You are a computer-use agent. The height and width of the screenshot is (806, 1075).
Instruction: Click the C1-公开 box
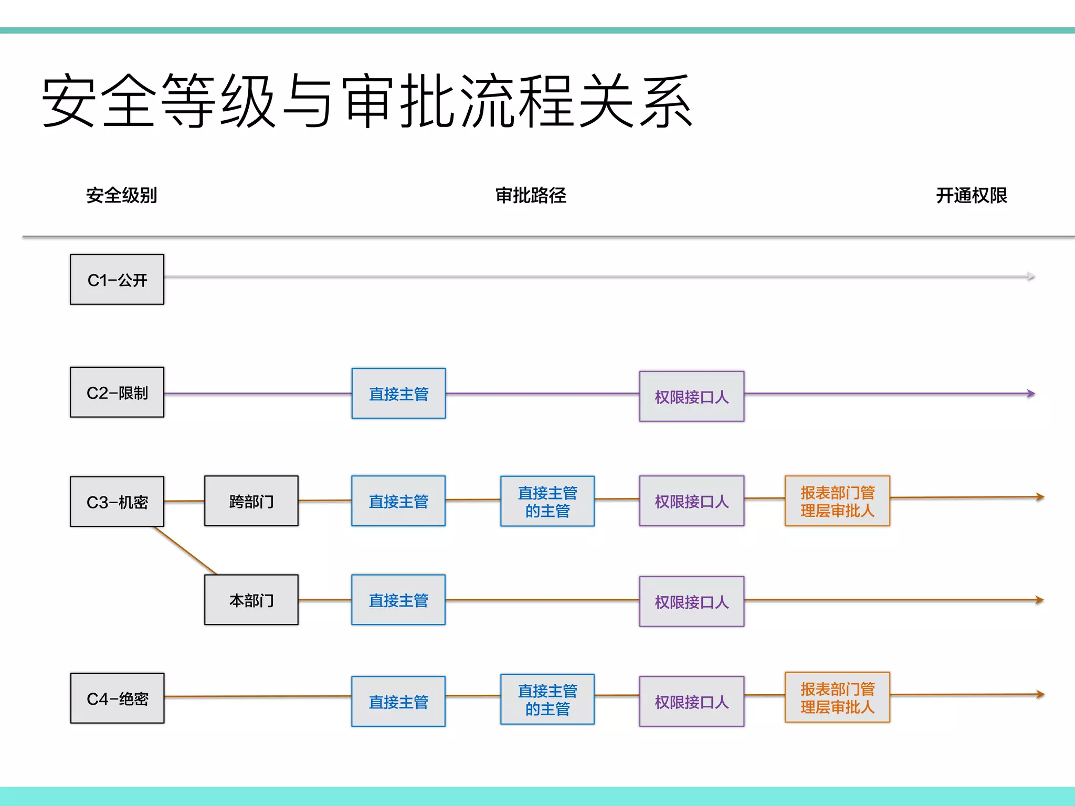pyautogui.click(x=117, y=279)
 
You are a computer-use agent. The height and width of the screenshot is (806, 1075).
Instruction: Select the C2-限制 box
pyautogui.click(x=117, y=392)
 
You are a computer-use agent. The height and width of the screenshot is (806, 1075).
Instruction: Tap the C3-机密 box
pyautogui.click(x=117, y=502)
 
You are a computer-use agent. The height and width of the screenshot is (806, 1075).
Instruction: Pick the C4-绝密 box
pyautogui.click(x=117, y=698)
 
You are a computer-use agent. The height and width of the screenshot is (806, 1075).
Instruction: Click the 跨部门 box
pyautogui.click(x=251, y=501)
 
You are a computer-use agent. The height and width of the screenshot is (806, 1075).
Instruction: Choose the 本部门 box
pyautogui.click(x=251, y=599)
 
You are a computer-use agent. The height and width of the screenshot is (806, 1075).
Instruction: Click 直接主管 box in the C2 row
pyautogui.click(x=398, y=394)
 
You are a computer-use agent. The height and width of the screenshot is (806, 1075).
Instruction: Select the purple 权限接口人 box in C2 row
pyautogui.click(x=691, y=397)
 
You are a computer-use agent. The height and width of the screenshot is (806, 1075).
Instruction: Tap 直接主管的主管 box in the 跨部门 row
pyautogui.click(x=547, y=501)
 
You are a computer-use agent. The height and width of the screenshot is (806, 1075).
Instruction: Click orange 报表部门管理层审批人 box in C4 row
pyautogui.click(x=837, y=697)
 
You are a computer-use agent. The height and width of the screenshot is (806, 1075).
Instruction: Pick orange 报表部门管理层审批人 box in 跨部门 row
pyautogui.click(x=837, y=501)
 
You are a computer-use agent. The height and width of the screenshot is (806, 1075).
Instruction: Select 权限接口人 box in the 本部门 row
pyautogui.click(x=691, y=601)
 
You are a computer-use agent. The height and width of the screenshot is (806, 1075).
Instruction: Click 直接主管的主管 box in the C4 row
pyautogui.click(x=547, y=699)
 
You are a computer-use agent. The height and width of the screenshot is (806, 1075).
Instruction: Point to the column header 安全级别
pyautogui.click(x=122, y=195)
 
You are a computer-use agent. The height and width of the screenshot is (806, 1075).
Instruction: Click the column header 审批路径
pyautogui.click(x=531, y=195)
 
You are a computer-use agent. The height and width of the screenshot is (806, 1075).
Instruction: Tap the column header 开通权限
pyautogui.click(x=971, y=195)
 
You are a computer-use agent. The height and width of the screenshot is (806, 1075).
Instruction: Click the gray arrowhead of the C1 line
pyautogui.click(x=1031, y=277)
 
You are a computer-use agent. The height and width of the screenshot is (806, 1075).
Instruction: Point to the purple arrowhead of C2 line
pyautogui.click(x=1031, y=393)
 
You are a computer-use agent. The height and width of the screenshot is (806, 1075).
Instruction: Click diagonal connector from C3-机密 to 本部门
pyautogui.click(x=185, y=550)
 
